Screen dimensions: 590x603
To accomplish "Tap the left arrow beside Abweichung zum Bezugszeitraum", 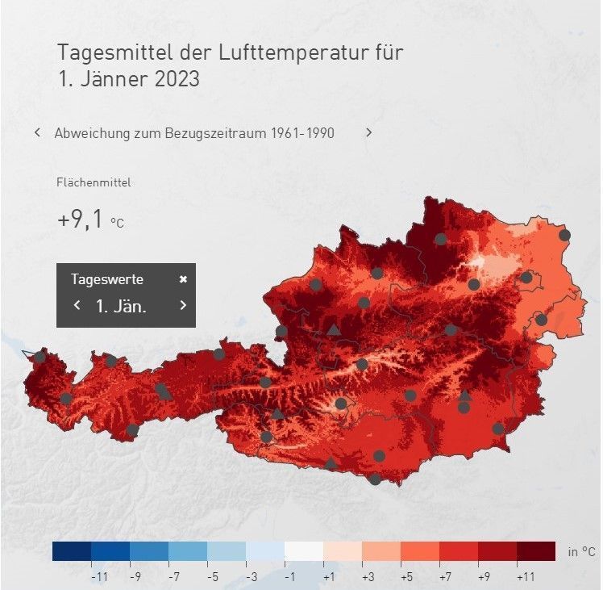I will tap(37, 132).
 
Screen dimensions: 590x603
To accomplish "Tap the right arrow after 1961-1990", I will tap(369, 132).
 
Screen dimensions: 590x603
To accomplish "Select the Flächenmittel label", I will tap(94, 182).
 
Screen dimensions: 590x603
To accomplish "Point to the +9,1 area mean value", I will tap(81, 220).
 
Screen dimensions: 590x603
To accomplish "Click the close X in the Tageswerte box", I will tap(183, 279).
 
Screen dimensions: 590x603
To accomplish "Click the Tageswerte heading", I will tap(107, 279).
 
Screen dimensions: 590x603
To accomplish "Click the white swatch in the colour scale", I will tap(304, 551).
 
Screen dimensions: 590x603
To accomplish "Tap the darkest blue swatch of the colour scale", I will tap(72, 551).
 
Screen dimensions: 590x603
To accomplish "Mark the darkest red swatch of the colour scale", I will tap(536, 551).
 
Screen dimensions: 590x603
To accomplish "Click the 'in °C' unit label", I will tap(581, 552).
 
